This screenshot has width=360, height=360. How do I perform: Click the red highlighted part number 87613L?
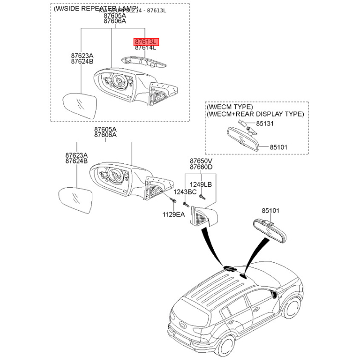coord(145,42)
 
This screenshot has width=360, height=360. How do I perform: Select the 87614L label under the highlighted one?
coord(145,48)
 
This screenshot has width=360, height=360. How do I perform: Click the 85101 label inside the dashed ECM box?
coord(279,147)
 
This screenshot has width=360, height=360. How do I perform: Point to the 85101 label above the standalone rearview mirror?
coord(271,210)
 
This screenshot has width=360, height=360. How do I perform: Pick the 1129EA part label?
coord(174,215)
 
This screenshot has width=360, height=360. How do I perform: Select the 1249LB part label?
coord(200,184)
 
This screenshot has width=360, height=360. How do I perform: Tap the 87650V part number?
coord(201,161)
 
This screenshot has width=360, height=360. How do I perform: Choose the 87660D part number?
coord(201,167)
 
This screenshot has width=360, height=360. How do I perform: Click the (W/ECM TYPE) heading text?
coord(230,108)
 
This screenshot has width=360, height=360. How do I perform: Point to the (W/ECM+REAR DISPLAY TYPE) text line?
coord(255,114)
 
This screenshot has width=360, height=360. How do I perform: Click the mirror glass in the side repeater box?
coord(79,107)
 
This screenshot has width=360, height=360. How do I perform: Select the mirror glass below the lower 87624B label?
coord(75,201)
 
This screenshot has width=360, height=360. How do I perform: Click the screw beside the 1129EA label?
coord(173,205)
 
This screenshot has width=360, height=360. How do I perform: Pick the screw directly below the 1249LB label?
coord(202,196)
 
